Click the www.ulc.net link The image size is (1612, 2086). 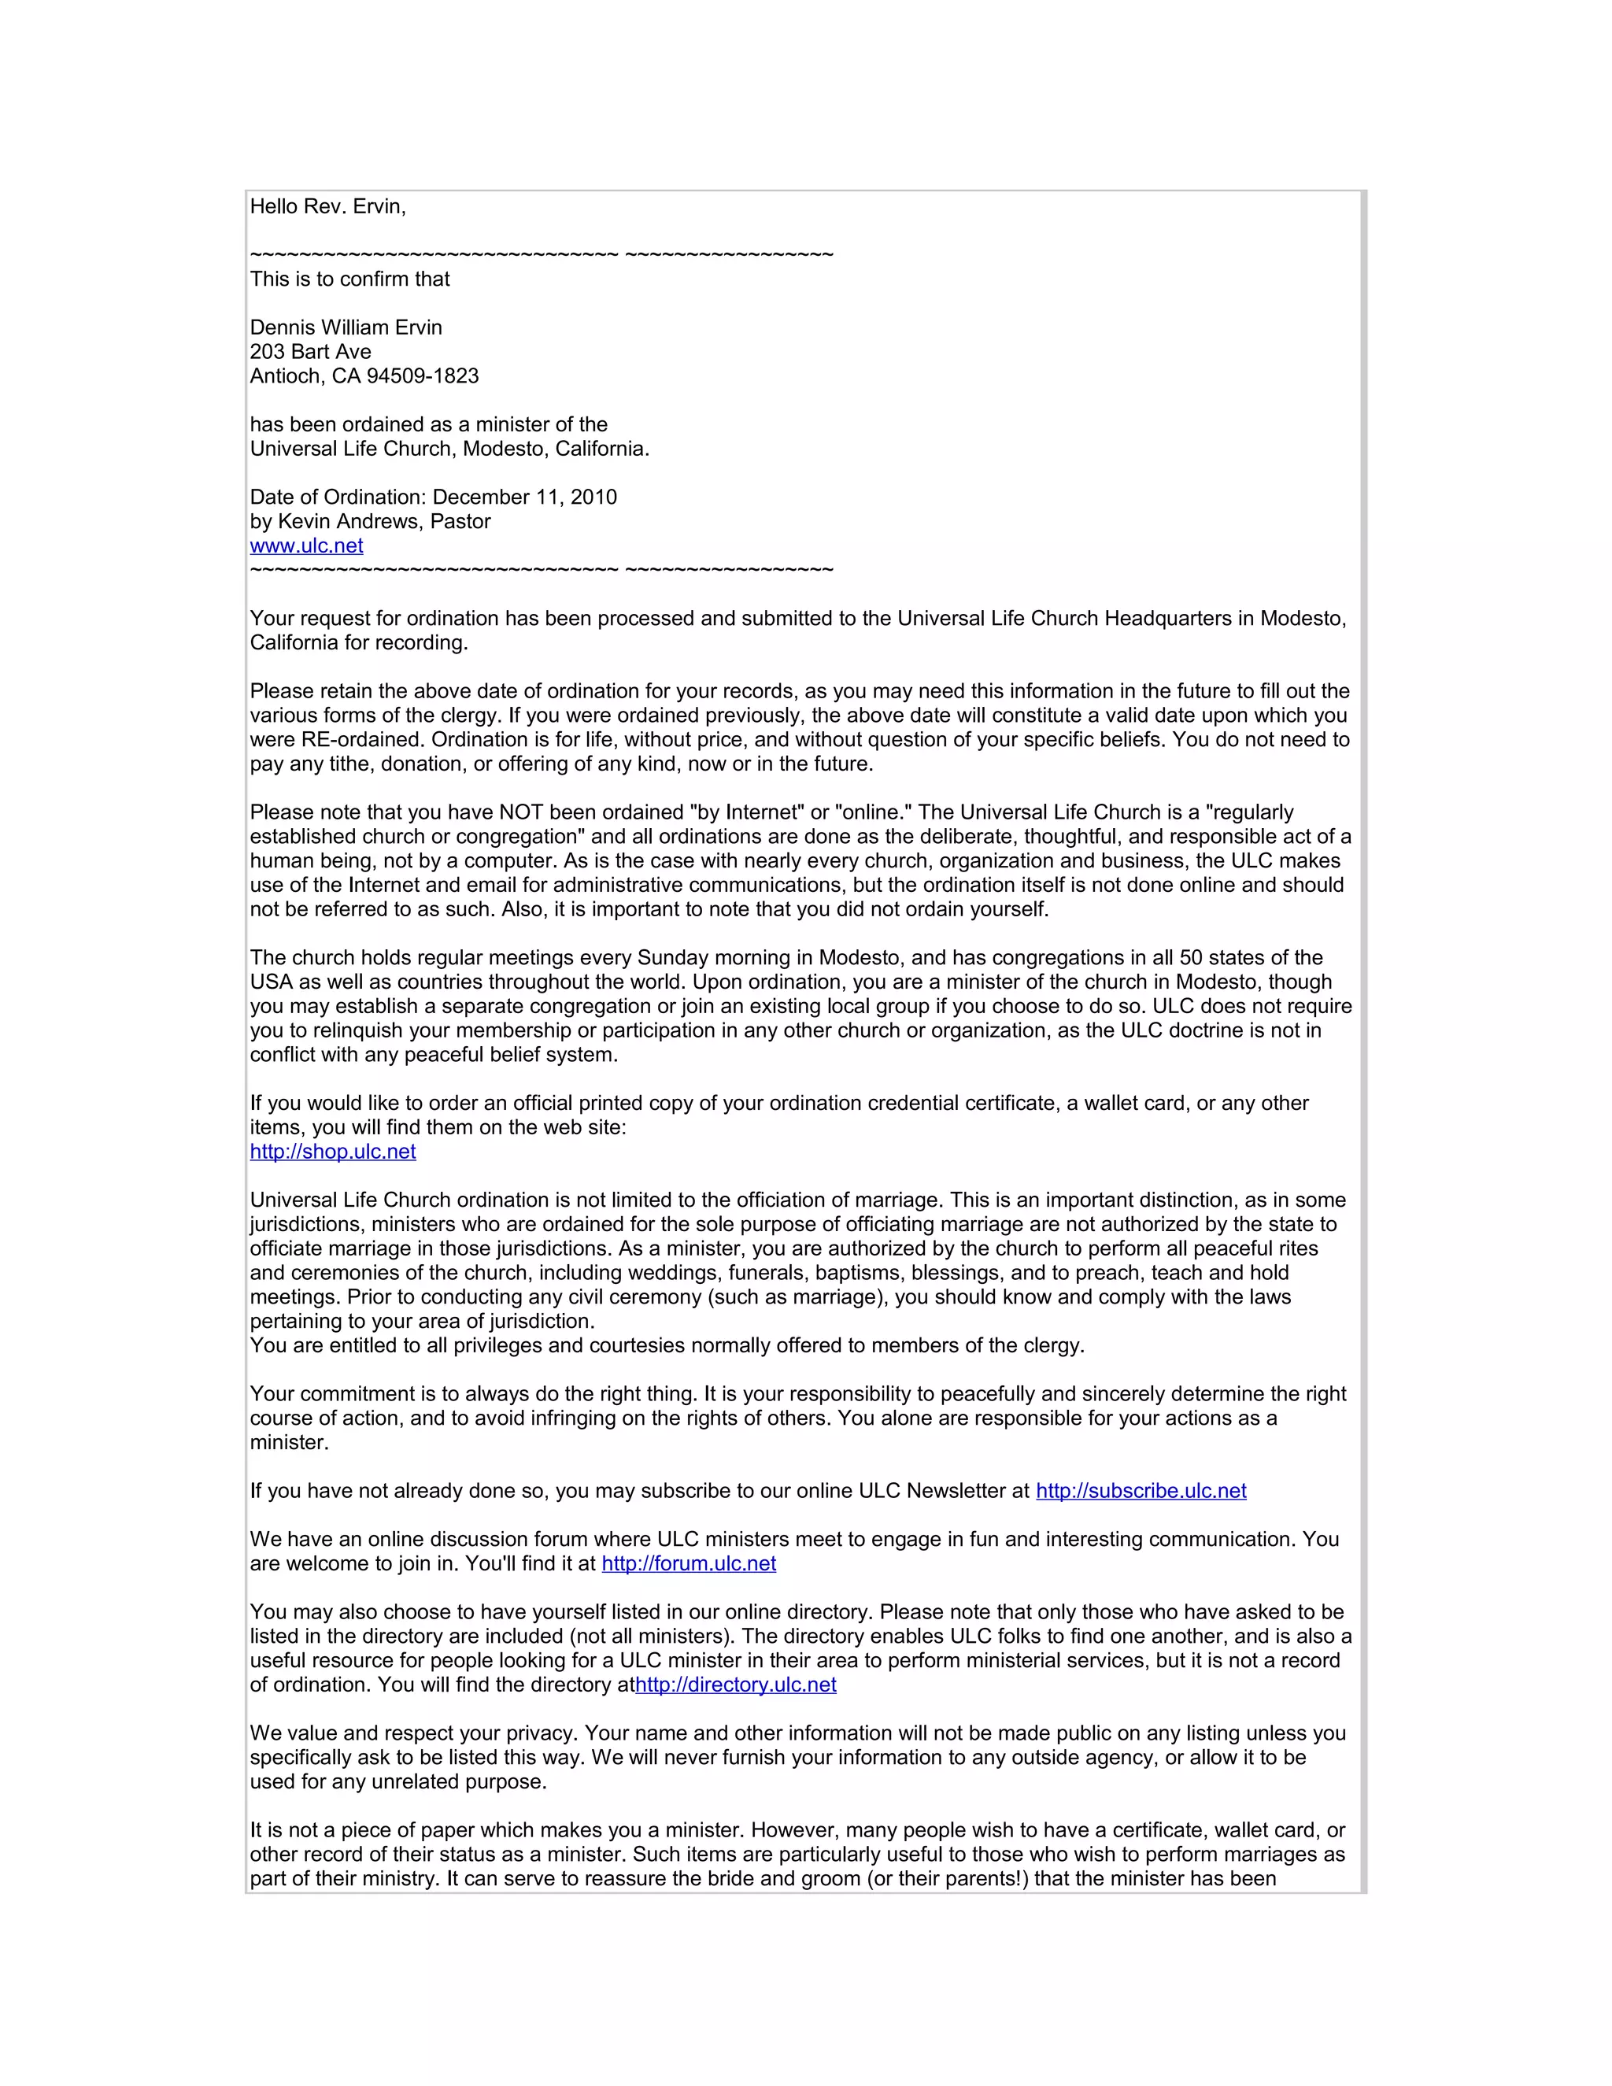coord(306,546)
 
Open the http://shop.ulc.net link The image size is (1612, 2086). coord(332,1151)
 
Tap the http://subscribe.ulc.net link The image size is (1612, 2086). coord(1141,1490)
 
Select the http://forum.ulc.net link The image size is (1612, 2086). coord(689,1563)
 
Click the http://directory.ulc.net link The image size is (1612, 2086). coord(735,1684)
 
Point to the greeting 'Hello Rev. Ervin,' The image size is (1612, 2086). coord(327,206)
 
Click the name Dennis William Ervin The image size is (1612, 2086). coord(346,327)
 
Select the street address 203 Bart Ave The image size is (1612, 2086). coord(310,352)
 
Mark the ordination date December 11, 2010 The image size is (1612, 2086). coord(524,497)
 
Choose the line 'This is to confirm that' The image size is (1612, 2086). coord(349,279)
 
